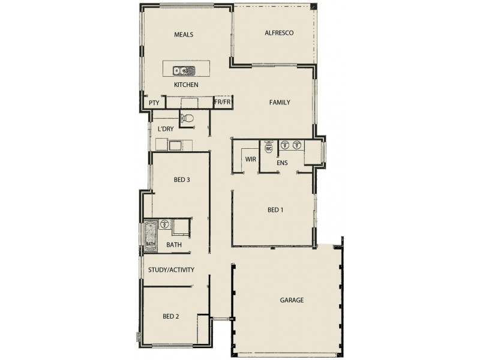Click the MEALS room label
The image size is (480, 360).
pos(184,35)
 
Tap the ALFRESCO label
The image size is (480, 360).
pos(279,33)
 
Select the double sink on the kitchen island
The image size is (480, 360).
pos(185,70)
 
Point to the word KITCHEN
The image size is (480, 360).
pos(186,85)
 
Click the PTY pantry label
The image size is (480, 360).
pos(154,103)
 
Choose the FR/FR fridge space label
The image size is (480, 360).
pos(223,103)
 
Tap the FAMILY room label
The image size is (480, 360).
pos(280,103)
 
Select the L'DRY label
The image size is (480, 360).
pos(166,129)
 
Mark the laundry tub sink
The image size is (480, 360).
pos(175,145)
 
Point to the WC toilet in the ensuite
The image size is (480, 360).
pos(268,146)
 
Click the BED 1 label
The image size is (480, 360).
pos(275,210)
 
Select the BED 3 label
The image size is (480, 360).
pos(182,179)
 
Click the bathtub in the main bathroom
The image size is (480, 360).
pos(150,235)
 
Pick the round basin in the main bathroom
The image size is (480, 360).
pos(164,224)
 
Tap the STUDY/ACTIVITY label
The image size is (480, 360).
pos(171,270)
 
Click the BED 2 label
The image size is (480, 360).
pos(171,316)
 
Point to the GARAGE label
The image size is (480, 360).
pos(292,300)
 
